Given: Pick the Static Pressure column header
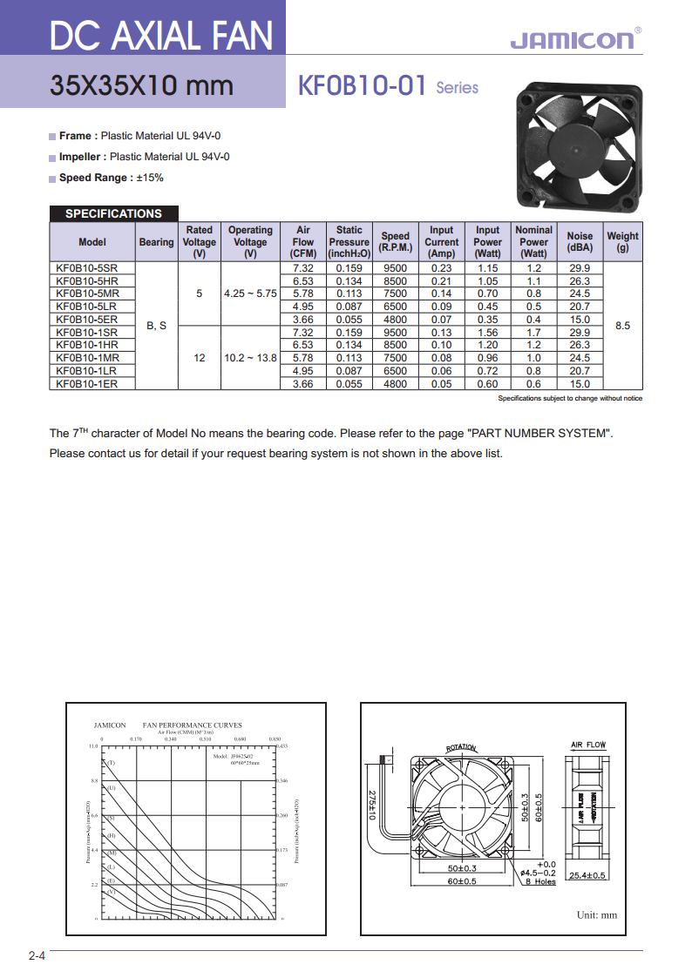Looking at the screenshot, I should (x=349, y=242).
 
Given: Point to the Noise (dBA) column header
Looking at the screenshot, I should (x=580, y=242).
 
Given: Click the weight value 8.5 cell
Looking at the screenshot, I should (x=622, y=326).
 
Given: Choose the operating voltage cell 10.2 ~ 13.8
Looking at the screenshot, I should (x=250, y=358).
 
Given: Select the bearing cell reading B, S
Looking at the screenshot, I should (x=156, y=326).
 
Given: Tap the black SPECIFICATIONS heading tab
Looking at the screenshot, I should (x=113, y=213).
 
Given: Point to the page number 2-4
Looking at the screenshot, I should (x=37, y=956).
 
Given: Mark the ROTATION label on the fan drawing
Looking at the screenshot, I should (x=461, y=747).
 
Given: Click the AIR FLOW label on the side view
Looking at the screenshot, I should (x=588, y=745).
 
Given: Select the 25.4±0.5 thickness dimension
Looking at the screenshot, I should (x=587, y=875).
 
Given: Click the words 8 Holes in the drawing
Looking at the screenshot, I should (x=540, y=881).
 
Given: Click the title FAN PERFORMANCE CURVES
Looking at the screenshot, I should (x=192, y=725).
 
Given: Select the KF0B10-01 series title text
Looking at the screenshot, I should (x=362, y=85).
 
